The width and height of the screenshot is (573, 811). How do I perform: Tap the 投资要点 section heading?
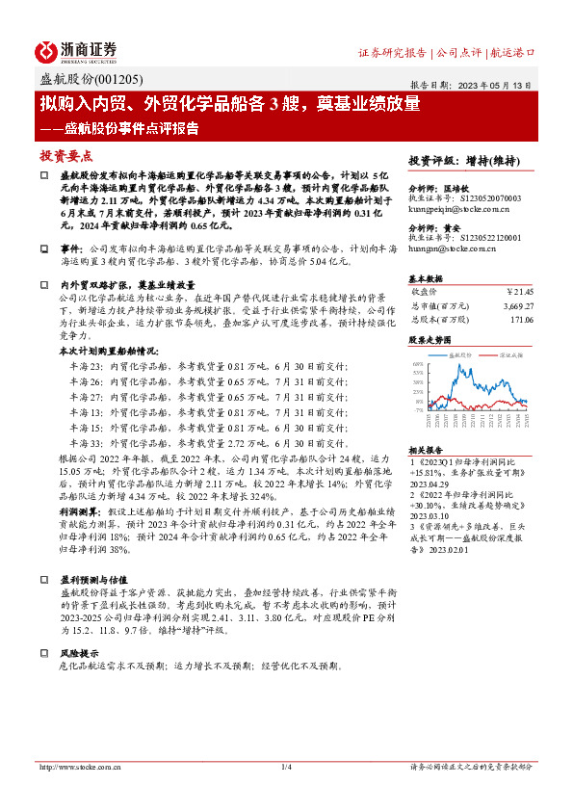pos(66,154)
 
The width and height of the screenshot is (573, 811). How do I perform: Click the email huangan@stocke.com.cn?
pos(453,249)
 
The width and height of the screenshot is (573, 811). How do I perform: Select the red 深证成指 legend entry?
pos(510,355)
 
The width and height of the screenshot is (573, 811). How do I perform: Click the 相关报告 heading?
pos(425,450)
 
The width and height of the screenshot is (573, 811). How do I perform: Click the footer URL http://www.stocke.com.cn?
pos(79,767)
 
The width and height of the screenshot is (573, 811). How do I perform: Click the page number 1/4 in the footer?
pos(286,767)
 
